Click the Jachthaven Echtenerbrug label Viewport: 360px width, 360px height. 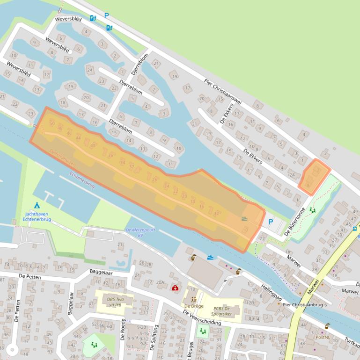(37, 217)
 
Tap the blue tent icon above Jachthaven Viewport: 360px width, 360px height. (37, 205)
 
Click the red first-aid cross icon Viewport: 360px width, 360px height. (175, 288)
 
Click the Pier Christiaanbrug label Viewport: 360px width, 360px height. (303, 304)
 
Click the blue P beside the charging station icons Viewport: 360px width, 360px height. (106, 16)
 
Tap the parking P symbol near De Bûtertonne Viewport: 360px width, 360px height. (270, 222)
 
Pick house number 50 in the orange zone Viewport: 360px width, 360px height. (52, 122)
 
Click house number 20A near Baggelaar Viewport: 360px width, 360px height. (161, 282)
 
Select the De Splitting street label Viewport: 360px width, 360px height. (156, 336)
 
